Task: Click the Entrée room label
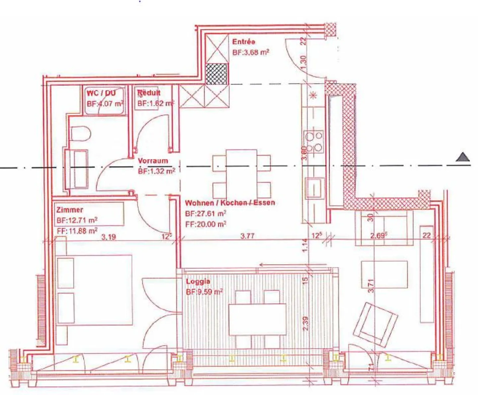point(244,42)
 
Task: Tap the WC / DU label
point(101,93)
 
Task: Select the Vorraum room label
point(153,161)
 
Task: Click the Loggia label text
point(198,281)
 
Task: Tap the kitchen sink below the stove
point(314,188)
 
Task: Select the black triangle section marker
point(462,157)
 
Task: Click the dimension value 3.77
point(247,236)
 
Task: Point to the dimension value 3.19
point(109,237)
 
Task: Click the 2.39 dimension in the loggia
point(305,323)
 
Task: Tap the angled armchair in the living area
point(375,325)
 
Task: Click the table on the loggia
point(257,319)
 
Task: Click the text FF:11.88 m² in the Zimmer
point(77,230)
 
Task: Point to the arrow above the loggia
point(292,265)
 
